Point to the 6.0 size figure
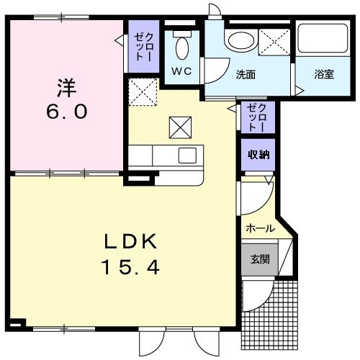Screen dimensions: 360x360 click(66, 113)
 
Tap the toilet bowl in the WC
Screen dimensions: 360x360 click(182, 48)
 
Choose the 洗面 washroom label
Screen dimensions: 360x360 click(246, 74)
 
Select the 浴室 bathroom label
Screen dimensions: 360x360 click(323, 74)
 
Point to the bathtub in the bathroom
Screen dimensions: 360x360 click(323, 45)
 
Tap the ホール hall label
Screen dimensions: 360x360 click(260, 228)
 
